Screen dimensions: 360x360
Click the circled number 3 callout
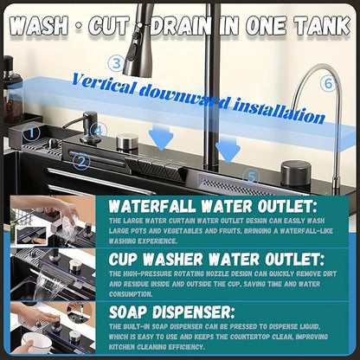coord(117,64)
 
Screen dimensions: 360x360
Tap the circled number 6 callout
coord(329,84)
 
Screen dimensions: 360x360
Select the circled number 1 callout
coord(31,132)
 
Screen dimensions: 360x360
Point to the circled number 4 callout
coord(99,131)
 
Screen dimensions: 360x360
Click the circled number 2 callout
coord(81,161)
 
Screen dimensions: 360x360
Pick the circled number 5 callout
coord(251,177)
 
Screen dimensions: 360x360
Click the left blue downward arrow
coord(161,137)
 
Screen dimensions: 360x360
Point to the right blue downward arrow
coord(228,150)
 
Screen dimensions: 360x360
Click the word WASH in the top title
coord(39,26)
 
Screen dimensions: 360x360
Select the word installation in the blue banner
coord(279,112)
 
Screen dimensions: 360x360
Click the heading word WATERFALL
coord(152,206)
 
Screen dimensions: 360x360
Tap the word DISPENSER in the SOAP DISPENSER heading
coord(194,312)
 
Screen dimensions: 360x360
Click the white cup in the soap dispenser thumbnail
coord(37,343)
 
